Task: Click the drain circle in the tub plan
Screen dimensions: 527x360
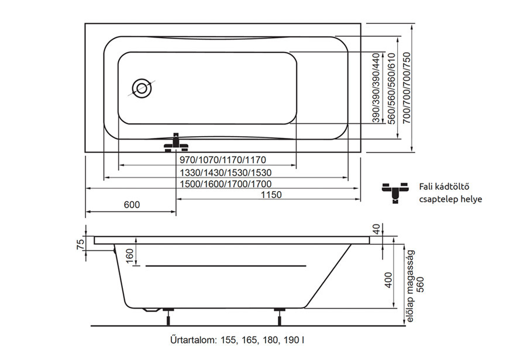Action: [142, 88]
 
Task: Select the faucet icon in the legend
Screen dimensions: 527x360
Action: [395, 193]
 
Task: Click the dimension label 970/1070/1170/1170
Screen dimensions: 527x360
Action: [223, 160]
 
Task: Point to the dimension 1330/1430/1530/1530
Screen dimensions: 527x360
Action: [226, 172]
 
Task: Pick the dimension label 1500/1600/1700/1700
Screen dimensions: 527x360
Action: [226, 184]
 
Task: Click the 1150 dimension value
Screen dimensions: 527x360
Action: [271, 195]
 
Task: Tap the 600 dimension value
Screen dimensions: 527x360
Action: [132, 205]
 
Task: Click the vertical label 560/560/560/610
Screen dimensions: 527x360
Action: [391, 89]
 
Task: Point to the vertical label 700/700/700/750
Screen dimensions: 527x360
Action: [407, 89]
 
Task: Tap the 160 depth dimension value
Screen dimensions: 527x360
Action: [129, 257]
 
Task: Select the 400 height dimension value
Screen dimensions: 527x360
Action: [388, 280]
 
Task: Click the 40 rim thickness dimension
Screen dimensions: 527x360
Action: [377, 229]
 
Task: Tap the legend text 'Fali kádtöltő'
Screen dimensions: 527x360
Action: [444, 186]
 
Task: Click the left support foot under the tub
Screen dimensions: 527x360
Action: [168, 316]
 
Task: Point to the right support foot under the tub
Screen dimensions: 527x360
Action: [280, 316]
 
